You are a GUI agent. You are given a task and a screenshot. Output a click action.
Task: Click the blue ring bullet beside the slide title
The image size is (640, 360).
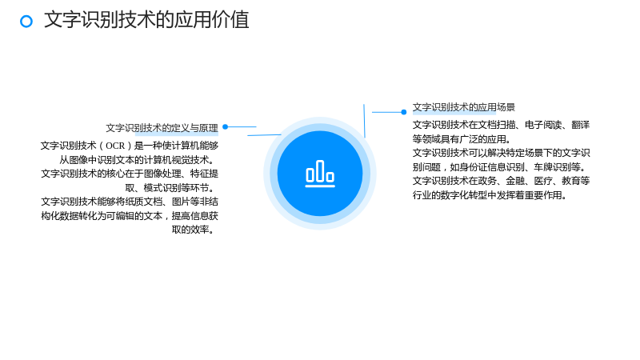26,22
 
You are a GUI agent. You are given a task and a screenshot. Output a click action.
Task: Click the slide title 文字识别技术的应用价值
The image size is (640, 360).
146,19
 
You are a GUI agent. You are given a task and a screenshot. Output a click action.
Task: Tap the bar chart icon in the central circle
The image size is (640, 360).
320,174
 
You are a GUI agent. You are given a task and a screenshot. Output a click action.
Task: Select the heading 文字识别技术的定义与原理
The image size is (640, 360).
162,128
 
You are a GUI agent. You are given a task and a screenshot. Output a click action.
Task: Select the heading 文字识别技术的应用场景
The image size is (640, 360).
464,107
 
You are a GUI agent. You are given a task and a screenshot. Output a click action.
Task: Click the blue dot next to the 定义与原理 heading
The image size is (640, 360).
226,127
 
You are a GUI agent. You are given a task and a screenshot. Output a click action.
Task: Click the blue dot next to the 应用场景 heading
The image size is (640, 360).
404,112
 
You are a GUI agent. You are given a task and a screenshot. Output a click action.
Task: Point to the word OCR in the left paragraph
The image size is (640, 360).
115,146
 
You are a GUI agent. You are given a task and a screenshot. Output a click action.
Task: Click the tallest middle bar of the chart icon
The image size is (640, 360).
320,170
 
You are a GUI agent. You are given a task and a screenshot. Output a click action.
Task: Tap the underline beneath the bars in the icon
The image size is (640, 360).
320,186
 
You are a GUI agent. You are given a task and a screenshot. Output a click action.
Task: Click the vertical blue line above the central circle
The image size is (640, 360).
364,121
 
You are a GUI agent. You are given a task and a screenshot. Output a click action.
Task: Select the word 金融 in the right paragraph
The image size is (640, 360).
515,181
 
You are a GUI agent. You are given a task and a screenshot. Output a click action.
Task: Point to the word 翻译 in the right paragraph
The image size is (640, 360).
581,125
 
